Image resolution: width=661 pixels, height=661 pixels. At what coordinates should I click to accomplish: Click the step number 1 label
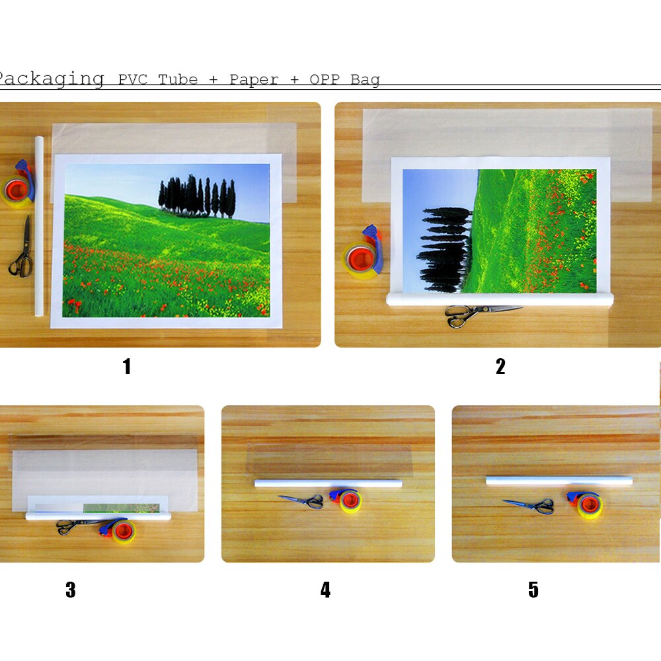click(127, 366)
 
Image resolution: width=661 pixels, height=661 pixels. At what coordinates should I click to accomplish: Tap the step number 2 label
click(500, 366)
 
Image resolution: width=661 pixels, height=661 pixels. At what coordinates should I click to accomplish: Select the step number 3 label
click(71, 590)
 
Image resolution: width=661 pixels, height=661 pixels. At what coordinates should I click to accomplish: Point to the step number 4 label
click(325, 590)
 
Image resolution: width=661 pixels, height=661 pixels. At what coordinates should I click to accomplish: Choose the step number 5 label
click(533, 590)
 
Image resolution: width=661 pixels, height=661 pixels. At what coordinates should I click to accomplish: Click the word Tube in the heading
click(178, 79)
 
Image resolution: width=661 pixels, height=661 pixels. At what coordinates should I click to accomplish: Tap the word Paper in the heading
click(254, 80)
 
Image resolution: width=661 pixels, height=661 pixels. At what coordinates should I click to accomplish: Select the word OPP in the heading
click(325, 79)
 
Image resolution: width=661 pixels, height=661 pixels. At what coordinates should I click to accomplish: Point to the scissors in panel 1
click(22, 249)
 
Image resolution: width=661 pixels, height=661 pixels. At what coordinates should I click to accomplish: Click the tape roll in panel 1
click(18, 186)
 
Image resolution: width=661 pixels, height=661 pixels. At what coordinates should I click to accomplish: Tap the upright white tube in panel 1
click(39, 226)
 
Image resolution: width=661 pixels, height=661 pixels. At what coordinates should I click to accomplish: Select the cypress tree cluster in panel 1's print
click(197, 196)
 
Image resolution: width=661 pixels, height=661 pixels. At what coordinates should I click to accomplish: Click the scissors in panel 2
click(481, 315)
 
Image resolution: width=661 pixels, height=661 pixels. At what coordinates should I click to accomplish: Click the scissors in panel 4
click(302, 501)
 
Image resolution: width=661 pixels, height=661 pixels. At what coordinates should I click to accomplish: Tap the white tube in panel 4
click(328, 483)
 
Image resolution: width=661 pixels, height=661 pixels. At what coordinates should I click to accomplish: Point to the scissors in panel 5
click(529, 506)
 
